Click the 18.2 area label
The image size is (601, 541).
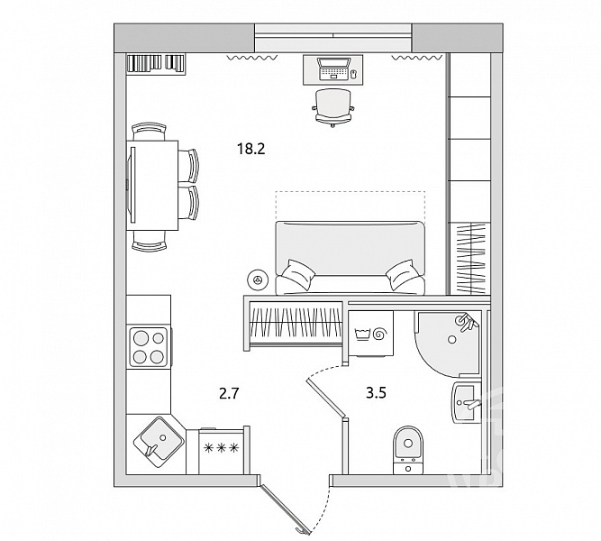(x=251, y=149)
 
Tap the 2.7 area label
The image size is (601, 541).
(x=229, y=393)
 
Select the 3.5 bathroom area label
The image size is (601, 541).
(x=376, y=392)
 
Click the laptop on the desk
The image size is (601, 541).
(x=333, y=69)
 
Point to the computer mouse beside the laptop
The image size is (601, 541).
(x=353, y=74)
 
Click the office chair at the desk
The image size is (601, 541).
(x=332, y=107)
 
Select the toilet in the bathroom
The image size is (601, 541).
(x=408, y=450)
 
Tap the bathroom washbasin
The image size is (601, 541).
(x=466, y=402)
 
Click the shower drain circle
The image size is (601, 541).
(x=452, y=339)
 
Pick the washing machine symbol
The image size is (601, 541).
(x=372, y=334)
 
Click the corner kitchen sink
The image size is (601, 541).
(x=158, y=443)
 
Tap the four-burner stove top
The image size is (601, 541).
(x=149, y=346)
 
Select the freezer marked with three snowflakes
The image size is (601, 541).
(x=221, y=451)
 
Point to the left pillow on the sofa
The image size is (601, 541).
(x=297, y=274)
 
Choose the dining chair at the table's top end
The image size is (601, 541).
(x=149, y=132)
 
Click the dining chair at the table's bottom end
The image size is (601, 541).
(x=149, y=241)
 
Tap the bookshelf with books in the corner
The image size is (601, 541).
(x=156, y=64)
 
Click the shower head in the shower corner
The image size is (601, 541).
(x=466, y=322)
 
